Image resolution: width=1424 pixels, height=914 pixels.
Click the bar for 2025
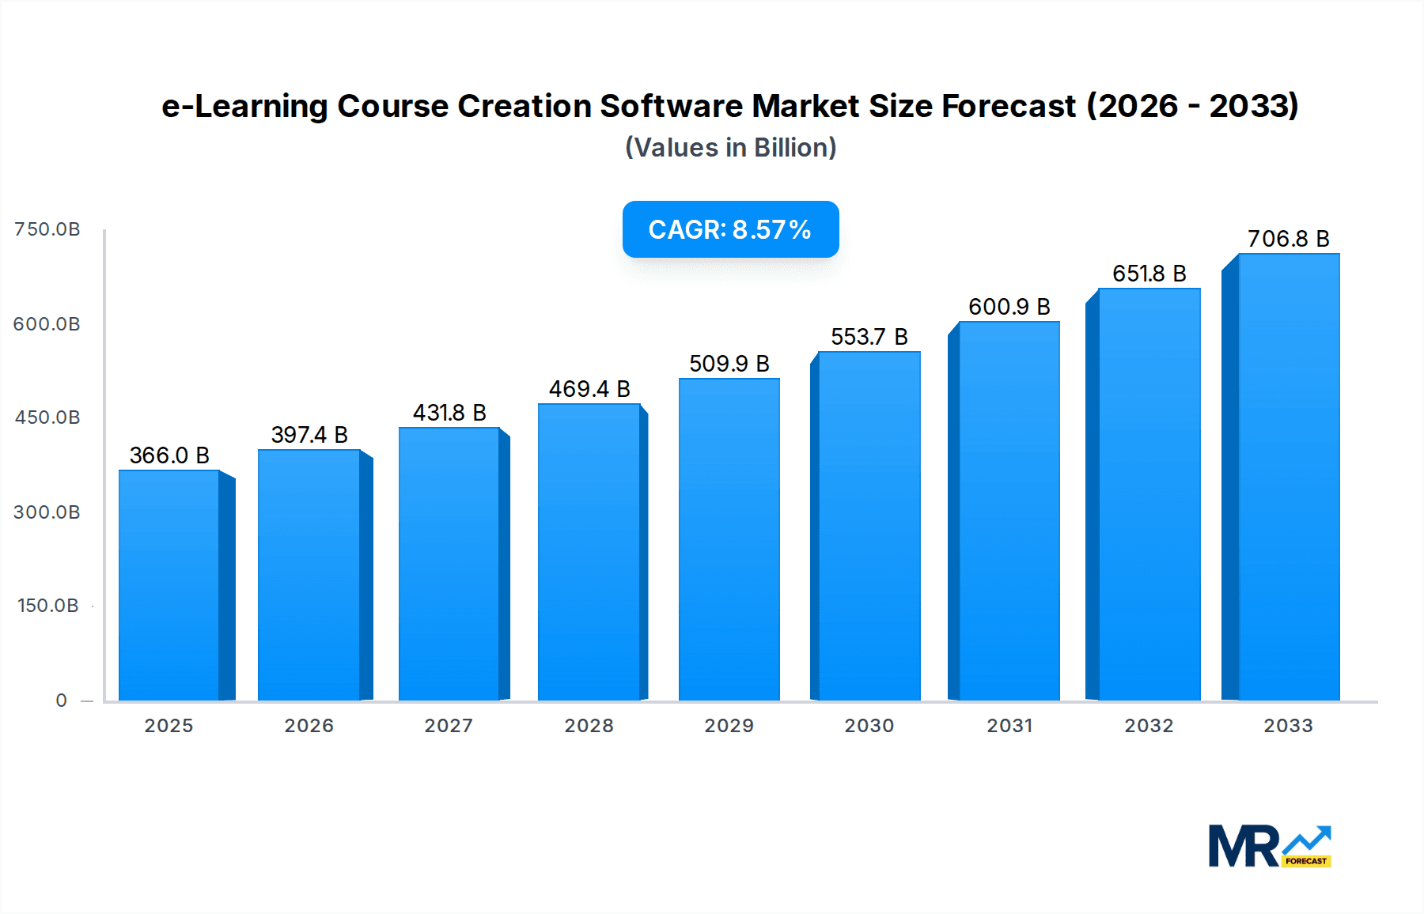(169, 585)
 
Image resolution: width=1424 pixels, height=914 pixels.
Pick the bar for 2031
(1009, 511)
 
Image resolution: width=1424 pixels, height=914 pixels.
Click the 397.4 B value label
(309, 435)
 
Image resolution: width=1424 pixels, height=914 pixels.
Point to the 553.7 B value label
(869, 337)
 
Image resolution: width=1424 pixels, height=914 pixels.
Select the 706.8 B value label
(1288, 239)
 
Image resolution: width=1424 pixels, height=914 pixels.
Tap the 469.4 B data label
(589, 389)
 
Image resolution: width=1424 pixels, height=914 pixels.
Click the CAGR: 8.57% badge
(730, 229)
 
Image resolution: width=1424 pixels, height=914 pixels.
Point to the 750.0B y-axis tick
(47, 229)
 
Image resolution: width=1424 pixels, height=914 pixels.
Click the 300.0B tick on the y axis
(47, 512)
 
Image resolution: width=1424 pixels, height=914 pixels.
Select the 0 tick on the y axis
(61, 701)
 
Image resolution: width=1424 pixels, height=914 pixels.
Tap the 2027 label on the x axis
(449, 726)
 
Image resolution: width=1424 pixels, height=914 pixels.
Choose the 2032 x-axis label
(1149, 726)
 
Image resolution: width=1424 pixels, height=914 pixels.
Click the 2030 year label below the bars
(869, 726)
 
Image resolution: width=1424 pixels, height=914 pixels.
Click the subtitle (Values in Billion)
(730, 148)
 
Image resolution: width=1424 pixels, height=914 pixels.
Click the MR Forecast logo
(1269, 846)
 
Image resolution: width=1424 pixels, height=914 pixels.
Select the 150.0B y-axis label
(47, 606)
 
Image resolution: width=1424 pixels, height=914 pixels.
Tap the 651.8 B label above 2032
(1149, 274)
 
